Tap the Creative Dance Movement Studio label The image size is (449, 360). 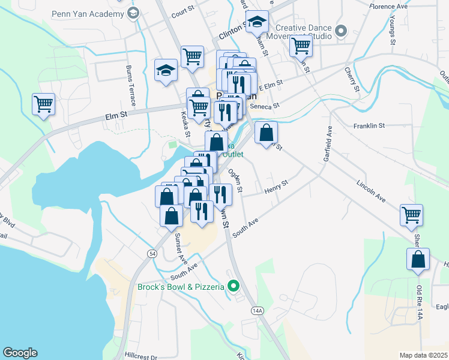(x=304, y=31)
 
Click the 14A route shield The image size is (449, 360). (x=258, y=310)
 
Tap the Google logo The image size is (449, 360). (x=20, y=353)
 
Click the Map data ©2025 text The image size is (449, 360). (x=424, y=355)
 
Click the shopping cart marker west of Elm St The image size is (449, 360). (x=43, y=104)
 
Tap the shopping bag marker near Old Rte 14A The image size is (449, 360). (x=418, y=260)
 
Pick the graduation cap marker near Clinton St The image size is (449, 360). (x=257, y=23)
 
